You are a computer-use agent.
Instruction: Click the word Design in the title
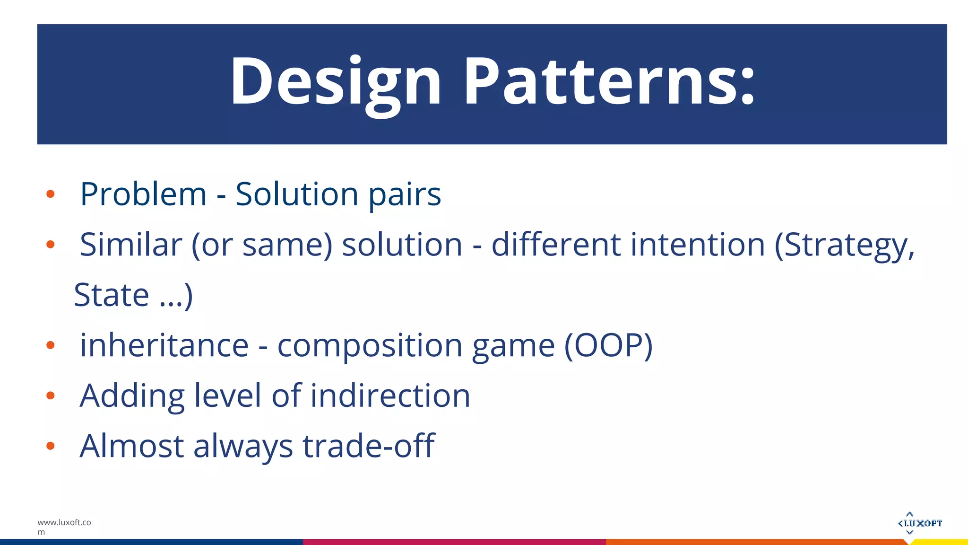(x=336, y=81)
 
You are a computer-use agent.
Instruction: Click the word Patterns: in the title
(x=610, y=81)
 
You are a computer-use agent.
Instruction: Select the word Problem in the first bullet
(x=143, y=194)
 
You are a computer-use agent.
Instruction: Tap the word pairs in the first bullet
(x=405, y=195)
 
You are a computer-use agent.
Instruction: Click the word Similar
(x=131, y=245)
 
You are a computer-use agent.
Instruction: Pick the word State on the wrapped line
(x=112, y=295)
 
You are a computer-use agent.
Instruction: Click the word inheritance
(x=164, y=345)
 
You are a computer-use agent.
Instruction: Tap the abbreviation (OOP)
(x=608, y=345)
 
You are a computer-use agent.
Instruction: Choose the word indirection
(x=390, y=396)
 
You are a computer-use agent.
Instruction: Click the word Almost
(x=132, y=446)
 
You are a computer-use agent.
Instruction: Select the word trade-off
(x=368, y=446)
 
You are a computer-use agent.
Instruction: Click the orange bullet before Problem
(x=51, y=194)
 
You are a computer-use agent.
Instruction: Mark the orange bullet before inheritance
(x=51, y=345)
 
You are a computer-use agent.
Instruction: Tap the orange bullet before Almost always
(x=51, y=446)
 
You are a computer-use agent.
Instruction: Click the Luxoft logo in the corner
(x=919, y=523)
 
